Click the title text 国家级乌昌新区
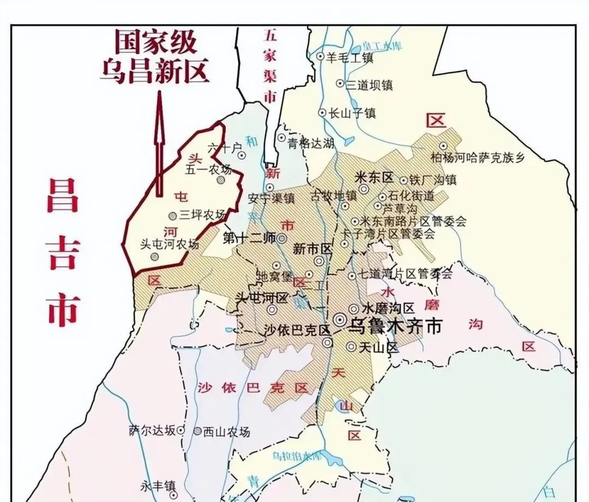(154, 57)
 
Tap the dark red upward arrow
(159, 144)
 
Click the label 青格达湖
(311, 143)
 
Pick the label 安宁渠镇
(271, 198)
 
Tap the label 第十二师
(250, 238)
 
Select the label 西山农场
(226, 432)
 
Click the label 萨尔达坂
(152, 430)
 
